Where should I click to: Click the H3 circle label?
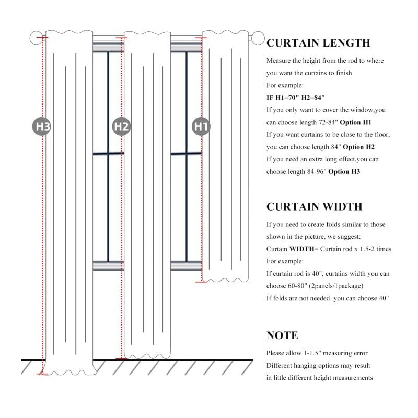[42, 126]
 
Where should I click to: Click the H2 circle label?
[121, 126]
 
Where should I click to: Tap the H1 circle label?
[201, 126]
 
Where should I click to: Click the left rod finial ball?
[36, 38]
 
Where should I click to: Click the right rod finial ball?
[258, 38]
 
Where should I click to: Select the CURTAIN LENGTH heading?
[318, 43]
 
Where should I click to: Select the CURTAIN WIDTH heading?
[315, 206]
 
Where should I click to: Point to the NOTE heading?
[282, 335]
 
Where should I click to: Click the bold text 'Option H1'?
[355, 122]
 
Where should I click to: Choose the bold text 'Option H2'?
[358, 147]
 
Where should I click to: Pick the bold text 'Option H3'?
[344, 172]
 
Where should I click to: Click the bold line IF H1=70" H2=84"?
[295, 98]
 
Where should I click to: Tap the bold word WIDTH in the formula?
[302, 249]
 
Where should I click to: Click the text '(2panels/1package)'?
[336, 286]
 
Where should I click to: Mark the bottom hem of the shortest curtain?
[225, 280]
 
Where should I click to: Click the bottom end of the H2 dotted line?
[122, 358]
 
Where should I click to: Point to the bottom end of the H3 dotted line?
[42, 374]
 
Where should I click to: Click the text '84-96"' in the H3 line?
[317, 172]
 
